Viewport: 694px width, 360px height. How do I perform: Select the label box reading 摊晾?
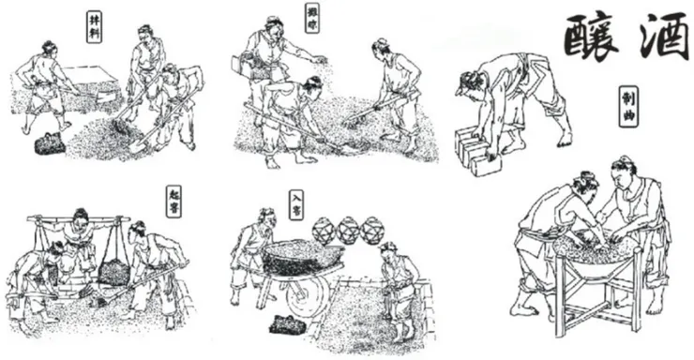312,17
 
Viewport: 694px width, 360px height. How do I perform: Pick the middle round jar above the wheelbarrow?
349,230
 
